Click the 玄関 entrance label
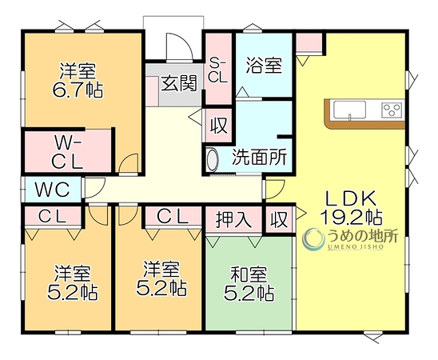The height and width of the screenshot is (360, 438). pos(180,83)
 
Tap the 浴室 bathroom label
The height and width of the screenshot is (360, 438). pos(264,66)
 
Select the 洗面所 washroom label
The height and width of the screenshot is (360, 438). pos(260,157)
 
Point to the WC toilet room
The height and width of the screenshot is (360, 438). pos(52,190)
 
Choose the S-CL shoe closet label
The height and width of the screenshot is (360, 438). pos(218,70)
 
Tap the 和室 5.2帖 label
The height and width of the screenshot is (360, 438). pos(249,283)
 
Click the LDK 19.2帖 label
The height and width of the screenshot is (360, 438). pos(352,207)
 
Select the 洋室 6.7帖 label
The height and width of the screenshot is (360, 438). pos(78,81)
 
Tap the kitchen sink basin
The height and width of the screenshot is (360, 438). pos(349,110)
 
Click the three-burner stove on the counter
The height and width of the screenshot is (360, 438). pos(392,110)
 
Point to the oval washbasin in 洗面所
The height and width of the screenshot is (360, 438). pos(213,161)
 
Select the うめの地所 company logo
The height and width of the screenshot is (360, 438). pos(350,239)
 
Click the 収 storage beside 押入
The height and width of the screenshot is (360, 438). pos(280,219)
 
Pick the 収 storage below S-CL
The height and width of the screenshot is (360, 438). pos(219,126)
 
